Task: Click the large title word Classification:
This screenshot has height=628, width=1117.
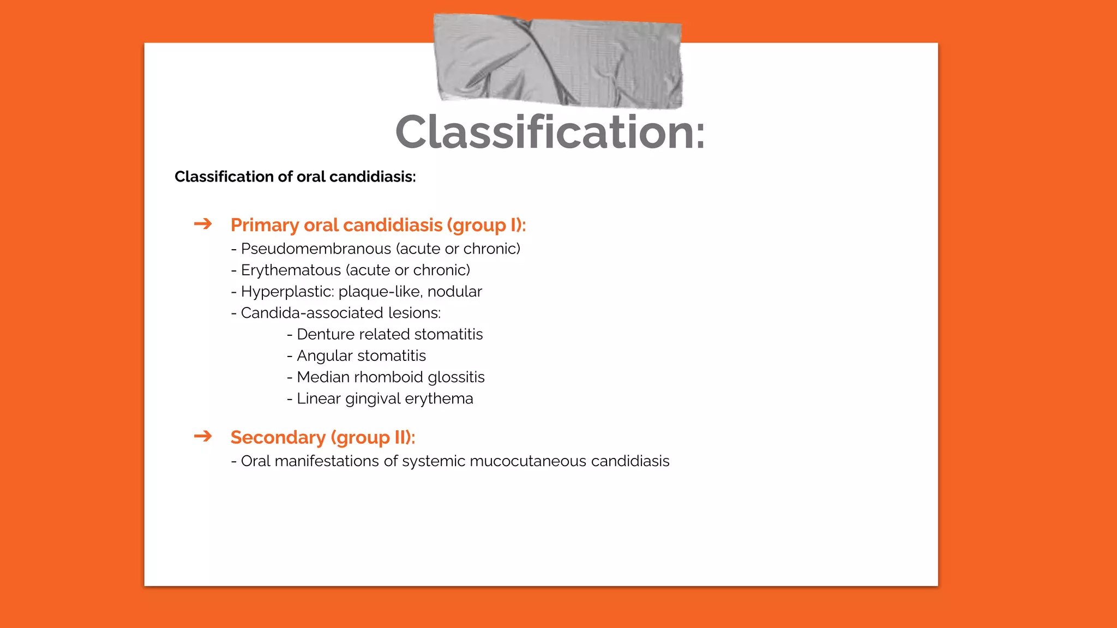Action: [550, 132]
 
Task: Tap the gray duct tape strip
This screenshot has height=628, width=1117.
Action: [557, 60]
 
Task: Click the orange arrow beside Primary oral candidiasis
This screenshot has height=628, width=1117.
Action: [203, 224]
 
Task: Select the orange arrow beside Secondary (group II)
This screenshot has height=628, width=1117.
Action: [203, 436]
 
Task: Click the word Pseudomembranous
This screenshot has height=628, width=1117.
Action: [316, 249]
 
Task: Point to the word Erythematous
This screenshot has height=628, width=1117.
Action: [291, 270]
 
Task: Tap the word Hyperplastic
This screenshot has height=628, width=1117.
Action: [287, 292]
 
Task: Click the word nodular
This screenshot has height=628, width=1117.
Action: [454, 292]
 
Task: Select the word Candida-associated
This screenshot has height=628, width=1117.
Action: [312, 313]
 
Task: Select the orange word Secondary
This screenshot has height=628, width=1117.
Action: [278, 437]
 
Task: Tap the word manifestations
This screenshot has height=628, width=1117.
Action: [327, 461]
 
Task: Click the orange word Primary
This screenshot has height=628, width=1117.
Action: [265, 225]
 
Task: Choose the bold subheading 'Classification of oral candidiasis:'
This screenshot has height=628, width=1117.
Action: [295, 177]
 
